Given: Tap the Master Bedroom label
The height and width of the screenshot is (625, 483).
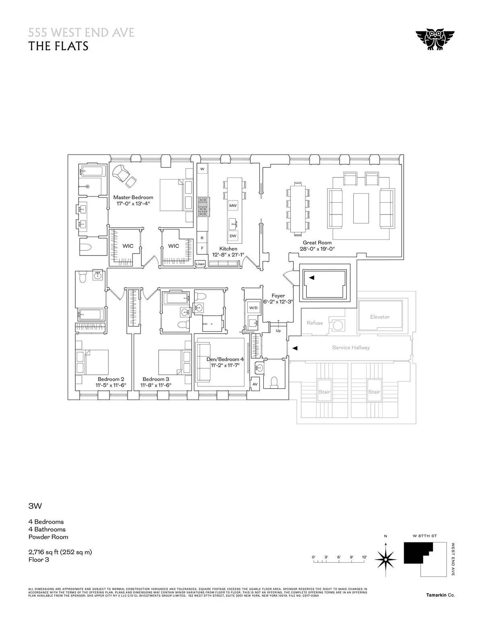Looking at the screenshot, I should (x=133, y=197).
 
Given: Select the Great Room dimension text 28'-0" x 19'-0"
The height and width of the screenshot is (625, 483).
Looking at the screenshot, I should (x=318, y=249).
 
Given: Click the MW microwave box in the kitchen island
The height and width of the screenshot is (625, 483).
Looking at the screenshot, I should (x=233, y=206).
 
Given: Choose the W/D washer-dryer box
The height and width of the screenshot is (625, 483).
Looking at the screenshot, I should (x=254, y=308).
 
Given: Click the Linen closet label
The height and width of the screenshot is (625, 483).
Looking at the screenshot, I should (x=200, y=264).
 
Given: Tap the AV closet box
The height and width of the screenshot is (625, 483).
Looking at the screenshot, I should (x=255, y=384).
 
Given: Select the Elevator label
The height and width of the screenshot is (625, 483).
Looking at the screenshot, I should (x=380, y=317).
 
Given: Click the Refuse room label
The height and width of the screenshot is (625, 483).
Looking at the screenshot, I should (x=314, y=323).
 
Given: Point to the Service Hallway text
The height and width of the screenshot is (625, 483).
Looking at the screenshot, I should (x=351, y=347).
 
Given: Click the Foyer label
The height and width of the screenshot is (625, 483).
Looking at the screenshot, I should (x=278, y=296).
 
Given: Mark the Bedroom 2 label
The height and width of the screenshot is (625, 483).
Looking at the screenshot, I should (x=111, y=379).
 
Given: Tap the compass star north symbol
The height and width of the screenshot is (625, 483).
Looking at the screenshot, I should (x=386, y=559).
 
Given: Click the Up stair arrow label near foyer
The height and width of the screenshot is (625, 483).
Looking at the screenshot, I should (x=278, y=330).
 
